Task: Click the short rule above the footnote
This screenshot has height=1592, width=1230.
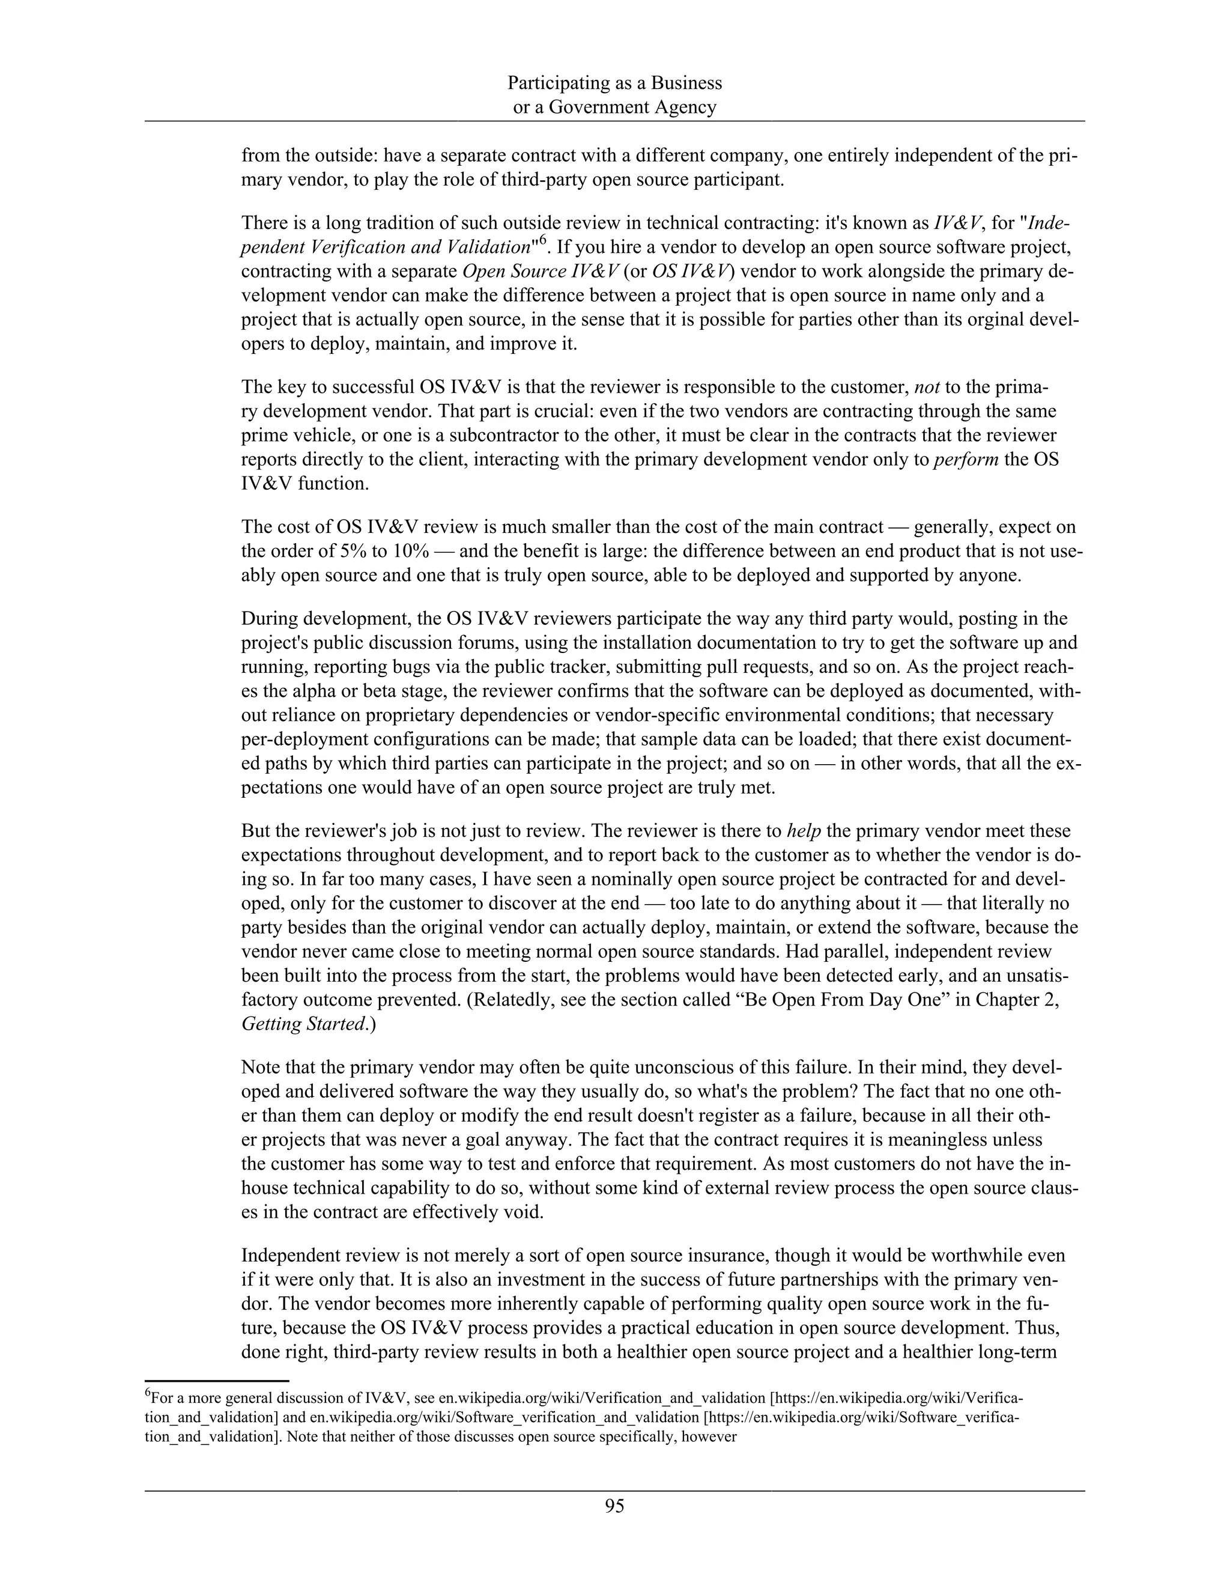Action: (217, 1380)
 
